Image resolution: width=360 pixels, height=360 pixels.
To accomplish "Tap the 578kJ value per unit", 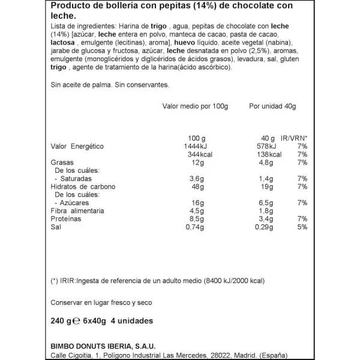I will coord(264,147).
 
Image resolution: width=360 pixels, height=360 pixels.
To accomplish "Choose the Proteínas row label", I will coord(67,219).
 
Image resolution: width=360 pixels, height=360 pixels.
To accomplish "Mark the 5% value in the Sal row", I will coord(302,227).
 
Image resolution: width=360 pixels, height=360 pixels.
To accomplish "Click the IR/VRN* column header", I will coord(295,139).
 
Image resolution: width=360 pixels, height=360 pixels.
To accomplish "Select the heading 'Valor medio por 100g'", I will coord(196,107).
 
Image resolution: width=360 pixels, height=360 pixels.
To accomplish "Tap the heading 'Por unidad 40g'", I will coord(272,107).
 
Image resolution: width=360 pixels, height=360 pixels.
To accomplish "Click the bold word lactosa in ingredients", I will coord(64,52).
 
